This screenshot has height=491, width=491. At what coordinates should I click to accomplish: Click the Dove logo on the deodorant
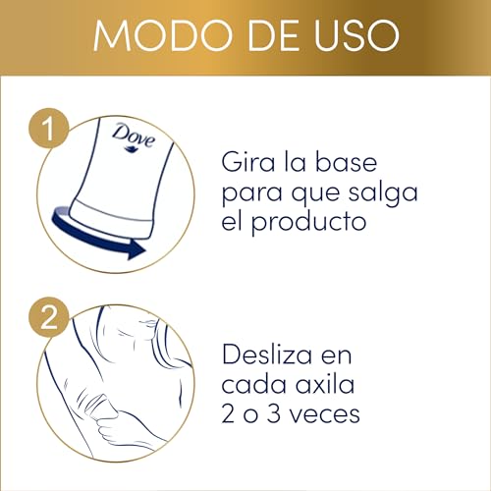tap(133, 134)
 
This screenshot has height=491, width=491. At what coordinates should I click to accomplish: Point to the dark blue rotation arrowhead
tap(135, 250)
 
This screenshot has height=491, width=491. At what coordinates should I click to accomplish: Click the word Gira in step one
tap(251, 158)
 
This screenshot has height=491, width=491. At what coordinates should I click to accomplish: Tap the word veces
tap(321, 413)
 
